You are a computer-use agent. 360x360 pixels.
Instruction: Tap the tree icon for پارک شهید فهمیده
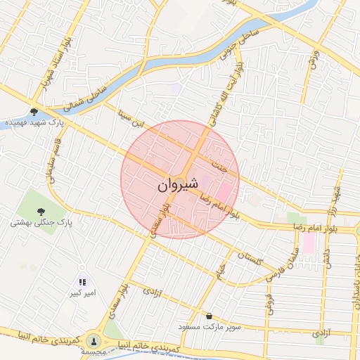pyautogui.click(x=34, y=111)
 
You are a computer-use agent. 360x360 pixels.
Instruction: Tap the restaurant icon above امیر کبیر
pyautogui.click(x=83, y=281)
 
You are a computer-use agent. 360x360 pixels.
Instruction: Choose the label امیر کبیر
pyautogui.click(x=82, y=292)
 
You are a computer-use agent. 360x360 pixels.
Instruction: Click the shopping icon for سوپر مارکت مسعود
pyautogui.click(x=209, y=316)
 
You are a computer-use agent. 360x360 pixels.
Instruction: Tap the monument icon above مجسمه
pyautogui.click(x=95, y=340)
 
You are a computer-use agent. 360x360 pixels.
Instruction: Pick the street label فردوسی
pyautogui.click(x=269, y=303)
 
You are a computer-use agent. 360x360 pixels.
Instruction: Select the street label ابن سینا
pyautogui.click(x=133, y=117)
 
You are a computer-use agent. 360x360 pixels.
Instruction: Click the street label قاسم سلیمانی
pyautogui.click(x=51, y=158)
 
